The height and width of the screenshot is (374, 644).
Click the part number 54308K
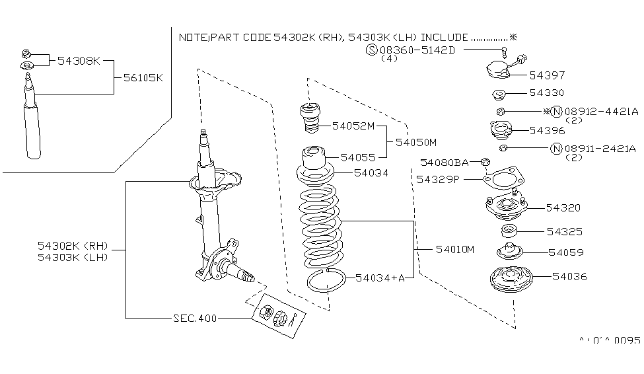click(78, 61)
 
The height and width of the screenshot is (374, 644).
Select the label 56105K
click(143, 77)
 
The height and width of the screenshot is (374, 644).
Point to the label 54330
click(546, 93)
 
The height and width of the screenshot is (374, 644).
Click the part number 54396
click(546, 130)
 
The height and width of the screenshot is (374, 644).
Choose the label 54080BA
click(444, 162)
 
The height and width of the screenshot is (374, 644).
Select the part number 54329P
click(437, 178)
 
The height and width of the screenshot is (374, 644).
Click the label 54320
click(563, 207)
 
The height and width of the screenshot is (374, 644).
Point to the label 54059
click(565, 252)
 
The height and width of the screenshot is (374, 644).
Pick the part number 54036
click(569, 276)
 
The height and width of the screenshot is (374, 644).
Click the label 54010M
click(455, 249)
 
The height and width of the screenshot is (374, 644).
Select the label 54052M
click(353, 126)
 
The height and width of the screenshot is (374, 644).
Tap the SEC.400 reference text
click(195, 318)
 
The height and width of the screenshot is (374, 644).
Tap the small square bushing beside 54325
click(509, 231)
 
